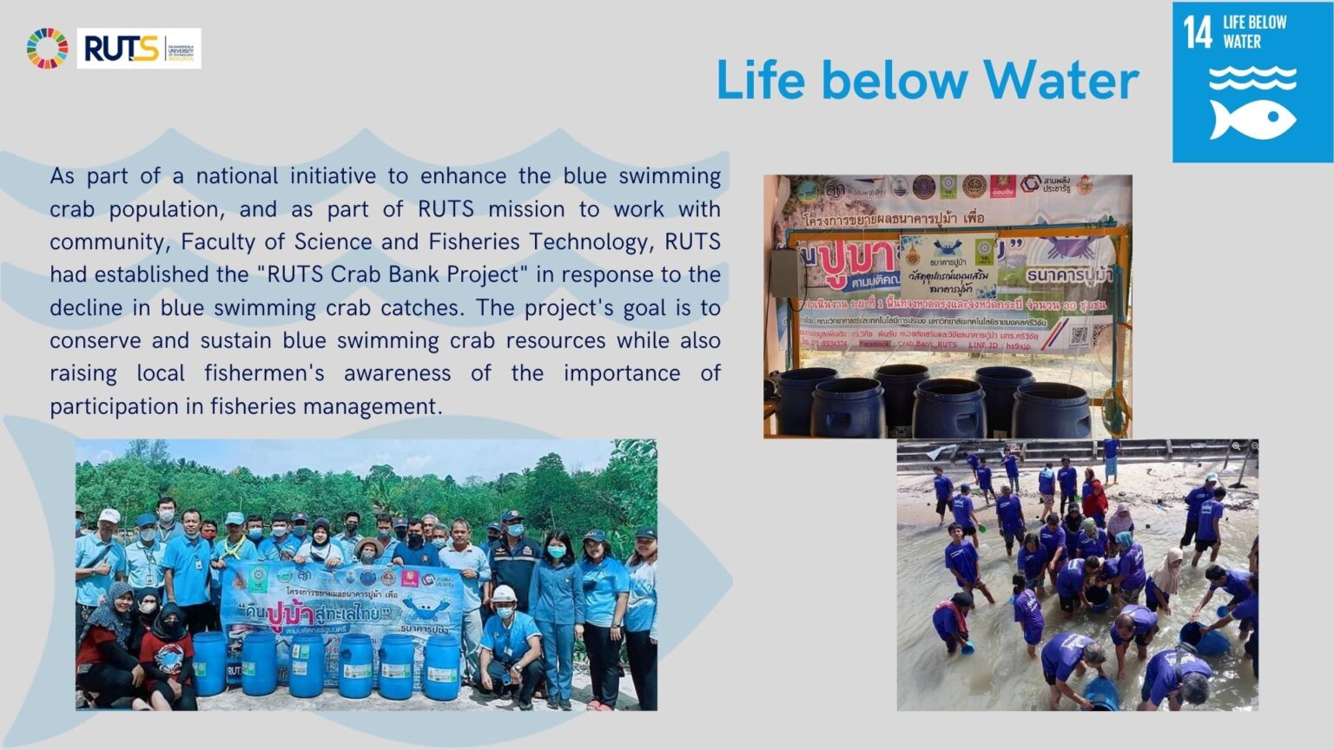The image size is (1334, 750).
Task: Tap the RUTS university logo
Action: (x=139, y=49)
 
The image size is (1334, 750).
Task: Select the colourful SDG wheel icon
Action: (x=47, y=49)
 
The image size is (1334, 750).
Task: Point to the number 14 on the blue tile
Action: (x=1198, y=33)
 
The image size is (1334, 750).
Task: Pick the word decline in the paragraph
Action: (x=85, y=307)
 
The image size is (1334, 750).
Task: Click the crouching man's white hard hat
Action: (x=505, y=595)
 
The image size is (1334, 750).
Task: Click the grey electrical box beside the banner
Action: (x=786, y=280)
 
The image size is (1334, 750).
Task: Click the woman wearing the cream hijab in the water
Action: (x=1166, y=573)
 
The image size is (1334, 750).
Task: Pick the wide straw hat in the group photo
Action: (x=368, y=545)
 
